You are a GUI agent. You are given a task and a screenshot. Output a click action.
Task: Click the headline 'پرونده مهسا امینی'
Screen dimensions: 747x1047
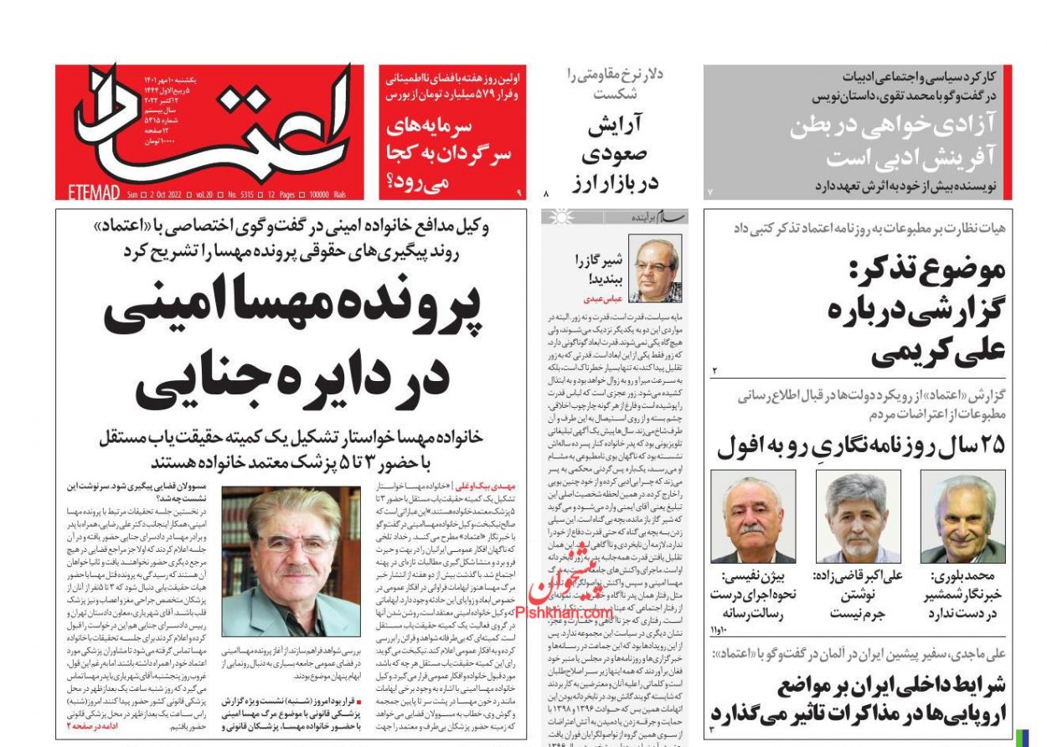[292, 307]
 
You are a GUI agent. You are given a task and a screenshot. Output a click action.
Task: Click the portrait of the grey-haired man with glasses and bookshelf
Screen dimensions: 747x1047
[291, 561]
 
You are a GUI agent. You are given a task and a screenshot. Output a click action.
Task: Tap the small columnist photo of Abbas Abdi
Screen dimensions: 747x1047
[654, 268]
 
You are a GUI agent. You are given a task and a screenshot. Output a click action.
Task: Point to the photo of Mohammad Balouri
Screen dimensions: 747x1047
[962, 516]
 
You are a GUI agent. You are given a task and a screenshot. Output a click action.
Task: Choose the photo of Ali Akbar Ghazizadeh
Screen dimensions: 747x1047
[858, 516]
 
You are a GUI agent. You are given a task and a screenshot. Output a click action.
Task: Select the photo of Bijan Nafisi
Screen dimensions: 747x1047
[752, 516]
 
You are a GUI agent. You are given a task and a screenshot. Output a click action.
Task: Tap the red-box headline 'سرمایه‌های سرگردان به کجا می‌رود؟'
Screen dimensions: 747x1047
[449, 155]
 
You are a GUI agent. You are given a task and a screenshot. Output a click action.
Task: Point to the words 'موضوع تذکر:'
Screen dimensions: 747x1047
[926, 270]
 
